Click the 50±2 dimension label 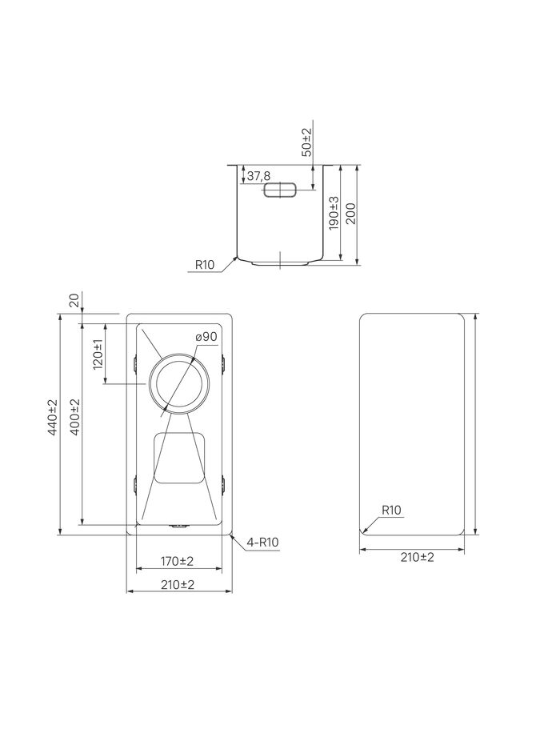coord(306,142)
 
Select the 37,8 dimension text coord(258,176)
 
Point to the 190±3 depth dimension coord(334,213)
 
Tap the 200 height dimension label coord(351,213)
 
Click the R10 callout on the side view coord(204,265)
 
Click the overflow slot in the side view coord(280,190)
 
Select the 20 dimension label coord(74,299)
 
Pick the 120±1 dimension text coord(98,354)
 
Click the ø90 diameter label coord(206,336)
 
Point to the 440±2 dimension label coord(52,418)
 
